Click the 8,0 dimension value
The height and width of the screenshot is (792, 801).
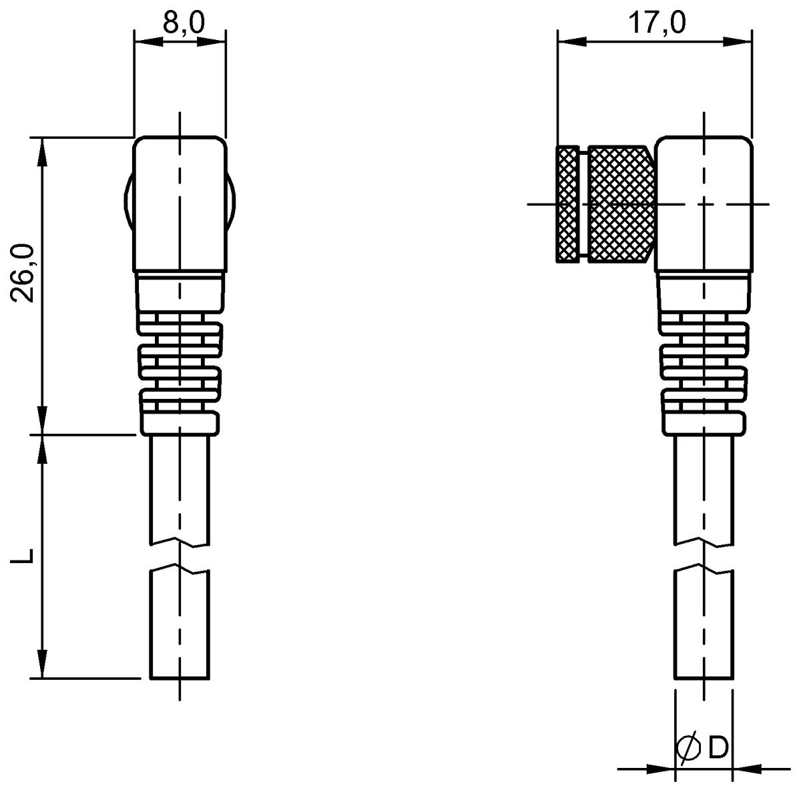click(184, 22)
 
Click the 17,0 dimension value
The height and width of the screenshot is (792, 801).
click(657, 22)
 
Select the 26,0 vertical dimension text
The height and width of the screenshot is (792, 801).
click(23, 273)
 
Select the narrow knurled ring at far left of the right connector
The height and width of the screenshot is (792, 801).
click(567, 204)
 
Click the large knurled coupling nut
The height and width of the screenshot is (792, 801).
click(622, 204)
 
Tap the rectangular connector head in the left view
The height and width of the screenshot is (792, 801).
click(180, 204)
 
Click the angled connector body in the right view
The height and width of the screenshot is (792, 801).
click(704, 204)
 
